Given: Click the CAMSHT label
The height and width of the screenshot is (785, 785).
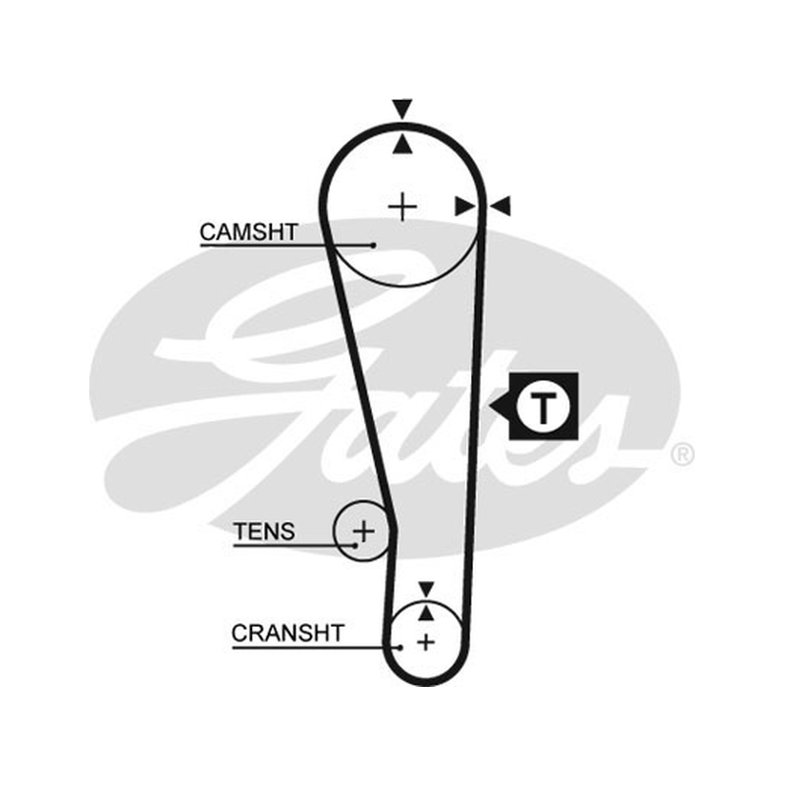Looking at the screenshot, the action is (x=249, y=232).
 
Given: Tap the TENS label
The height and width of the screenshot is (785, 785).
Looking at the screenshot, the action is (x=264, y=531).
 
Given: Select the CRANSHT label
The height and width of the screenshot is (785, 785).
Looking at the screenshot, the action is (x=288, y=633).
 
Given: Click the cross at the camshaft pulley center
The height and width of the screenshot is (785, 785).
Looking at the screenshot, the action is (x=402, y=207).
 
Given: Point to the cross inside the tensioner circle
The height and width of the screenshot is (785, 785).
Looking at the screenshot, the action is (x=364, y=531).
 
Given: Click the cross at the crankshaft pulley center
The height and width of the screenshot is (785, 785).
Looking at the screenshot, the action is (x=426, y=642).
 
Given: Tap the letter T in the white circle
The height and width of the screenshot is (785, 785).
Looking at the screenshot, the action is (x=544, y=408).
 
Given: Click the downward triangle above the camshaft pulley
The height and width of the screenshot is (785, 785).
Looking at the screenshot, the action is (x=402, y=109).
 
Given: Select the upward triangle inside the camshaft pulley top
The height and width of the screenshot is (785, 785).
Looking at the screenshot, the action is (x=402, y=144).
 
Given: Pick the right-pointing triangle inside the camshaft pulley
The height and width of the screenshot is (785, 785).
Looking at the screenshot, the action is (x=465, y=206).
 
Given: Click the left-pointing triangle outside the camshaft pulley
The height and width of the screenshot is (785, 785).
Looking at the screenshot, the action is (x=499, y=206).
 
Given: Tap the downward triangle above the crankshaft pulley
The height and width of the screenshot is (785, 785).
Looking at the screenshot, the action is (x=426, y=590).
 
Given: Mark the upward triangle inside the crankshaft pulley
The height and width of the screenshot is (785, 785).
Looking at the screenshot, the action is (x=426, y=612).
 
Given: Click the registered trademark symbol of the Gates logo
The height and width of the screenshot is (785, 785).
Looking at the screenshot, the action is (x=682, y=455).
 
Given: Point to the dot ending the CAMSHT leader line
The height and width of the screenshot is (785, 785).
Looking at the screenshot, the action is (x=374, y=245).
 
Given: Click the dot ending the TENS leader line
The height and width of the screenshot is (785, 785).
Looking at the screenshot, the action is (x=355, y=546).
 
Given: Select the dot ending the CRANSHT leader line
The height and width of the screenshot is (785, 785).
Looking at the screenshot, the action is (x=400, y=648).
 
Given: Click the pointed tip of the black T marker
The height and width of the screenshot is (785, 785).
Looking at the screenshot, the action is (x=490, y=406).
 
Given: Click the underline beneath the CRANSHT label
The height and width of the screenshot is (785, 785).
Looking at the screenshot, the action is (x=316, y=648).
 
